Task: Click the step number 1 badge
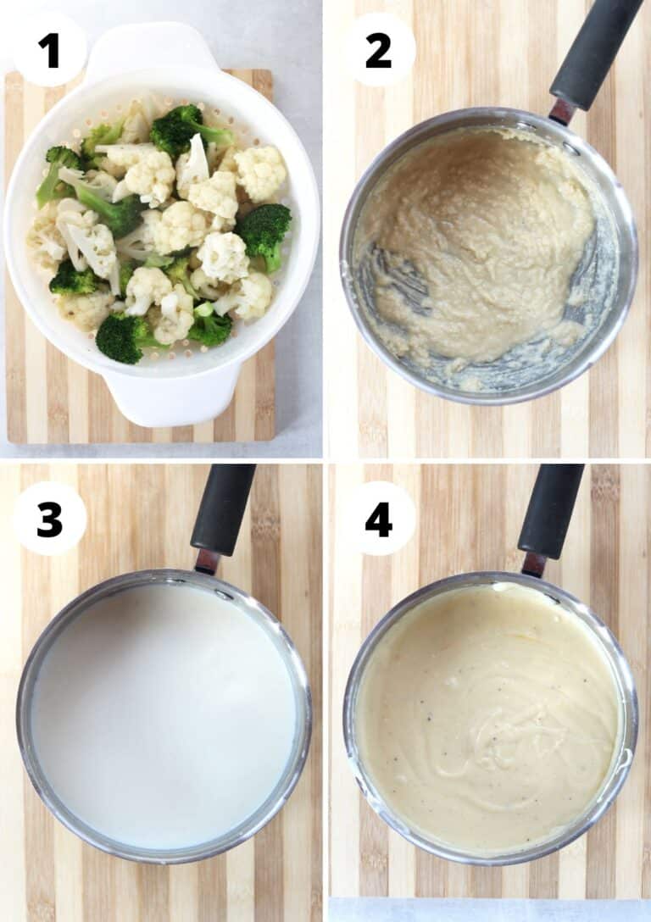pyautogui.click(x=49, y=50)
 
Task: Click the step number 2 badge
pyautogui.click(x=378, y=50)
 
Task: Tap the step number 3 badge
pyautogui.click(x=49, y=519)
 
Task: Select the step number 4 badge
pyautogui.click(x=378, y=519)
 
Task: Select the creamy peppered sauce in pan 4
pyautogui.click(x=487, y=720)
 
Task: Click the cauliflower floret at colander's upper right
pyautogui.click(x=259, y=171)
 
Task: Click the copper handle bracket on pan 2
pyautogui.click(x=560, y=111)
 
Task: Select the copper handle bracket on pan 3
pyautogui.click(x=206, y=561)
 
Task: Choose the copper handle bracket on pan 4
pyautogui.click(x=533, y=564)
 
